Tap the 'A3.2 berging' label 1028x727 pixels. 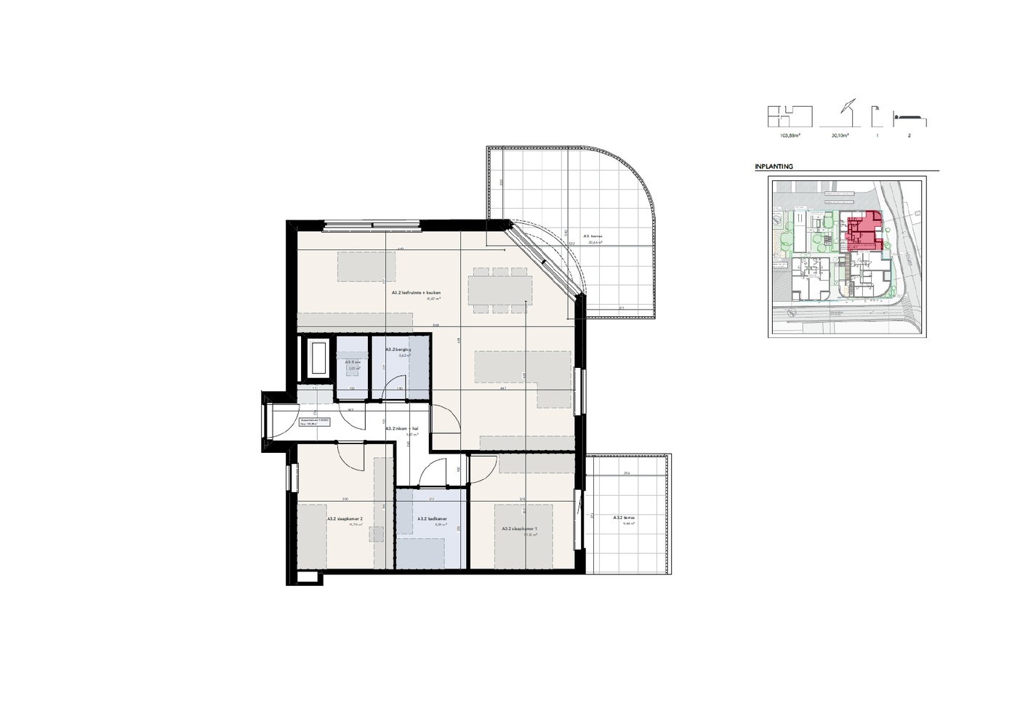[x=398, y=350]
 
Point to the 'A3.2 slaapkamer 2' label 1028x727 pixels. [x=345, y=519]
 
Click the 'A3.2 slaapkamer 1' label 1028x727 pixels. [x=519, y=529]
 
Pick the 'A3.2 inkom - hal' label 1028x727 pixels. [x=401, y=428]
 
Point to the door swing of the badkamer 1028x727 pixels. [x=435, y=473]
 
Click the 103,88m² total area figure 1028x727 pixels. [x=790, y=135]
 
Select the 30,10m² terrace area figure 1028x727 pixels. [x=841, y=135]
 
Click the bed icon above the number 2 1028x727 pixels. [x=909, y=118]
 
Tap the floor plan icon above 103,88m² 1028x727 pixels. [x=790, y=116]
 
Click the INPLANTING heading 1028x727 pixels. [x=774, y=166]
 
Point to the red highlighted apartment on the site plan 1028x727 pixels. [x=864, y=231]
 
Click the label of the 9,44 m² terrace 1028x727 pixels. [x=624, y=519]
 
